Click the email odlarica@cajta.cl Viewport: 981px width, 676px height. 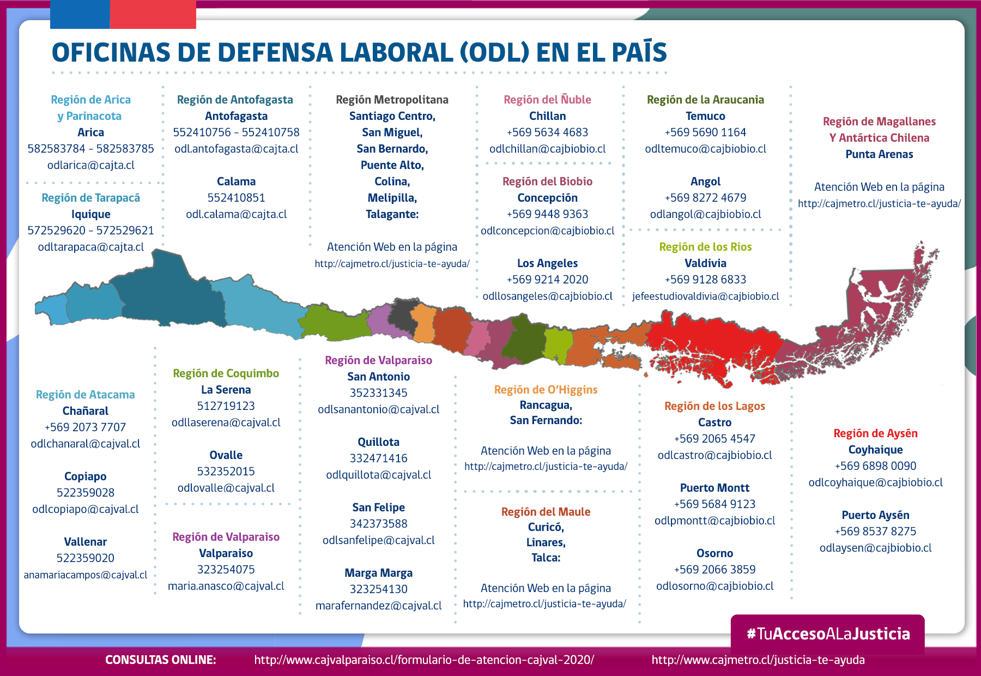90,165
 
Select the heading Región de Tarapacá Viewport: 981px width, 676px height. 90,198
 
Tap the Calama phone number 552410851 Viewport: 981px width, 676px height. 236,198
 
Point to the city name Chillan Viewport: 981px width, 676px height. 547,116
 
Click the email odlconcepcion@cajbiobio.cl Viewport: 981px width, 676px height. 547,231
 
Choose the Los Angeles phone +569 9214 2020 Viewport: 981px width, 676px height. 547,280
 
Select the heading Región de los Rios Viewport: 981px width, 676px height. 705,247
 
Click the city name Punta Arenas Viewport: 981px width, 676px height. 879,154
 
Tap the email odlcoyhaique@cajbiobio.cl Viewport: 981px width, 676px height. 875,482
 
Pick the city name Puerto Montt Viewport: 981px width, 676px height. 714,488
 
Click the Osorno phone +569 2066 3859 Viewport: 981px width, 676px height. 714,570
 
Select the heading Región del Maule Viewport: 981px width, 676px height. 546,512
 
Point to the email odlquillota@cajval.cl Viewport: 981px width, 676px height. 378,475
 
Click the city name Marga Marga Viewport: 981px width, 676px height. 378,573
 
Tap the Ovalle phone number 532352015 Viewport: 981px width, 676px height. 226,472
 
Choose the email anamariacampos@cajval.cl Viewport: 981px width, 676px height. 85,575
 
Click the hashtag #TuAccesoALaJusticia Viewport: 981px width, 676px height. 828,633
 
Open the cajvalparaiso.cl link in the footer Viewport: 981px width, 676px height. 424,660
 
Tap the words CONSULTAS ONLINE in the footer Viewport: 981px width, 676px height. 160,660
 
